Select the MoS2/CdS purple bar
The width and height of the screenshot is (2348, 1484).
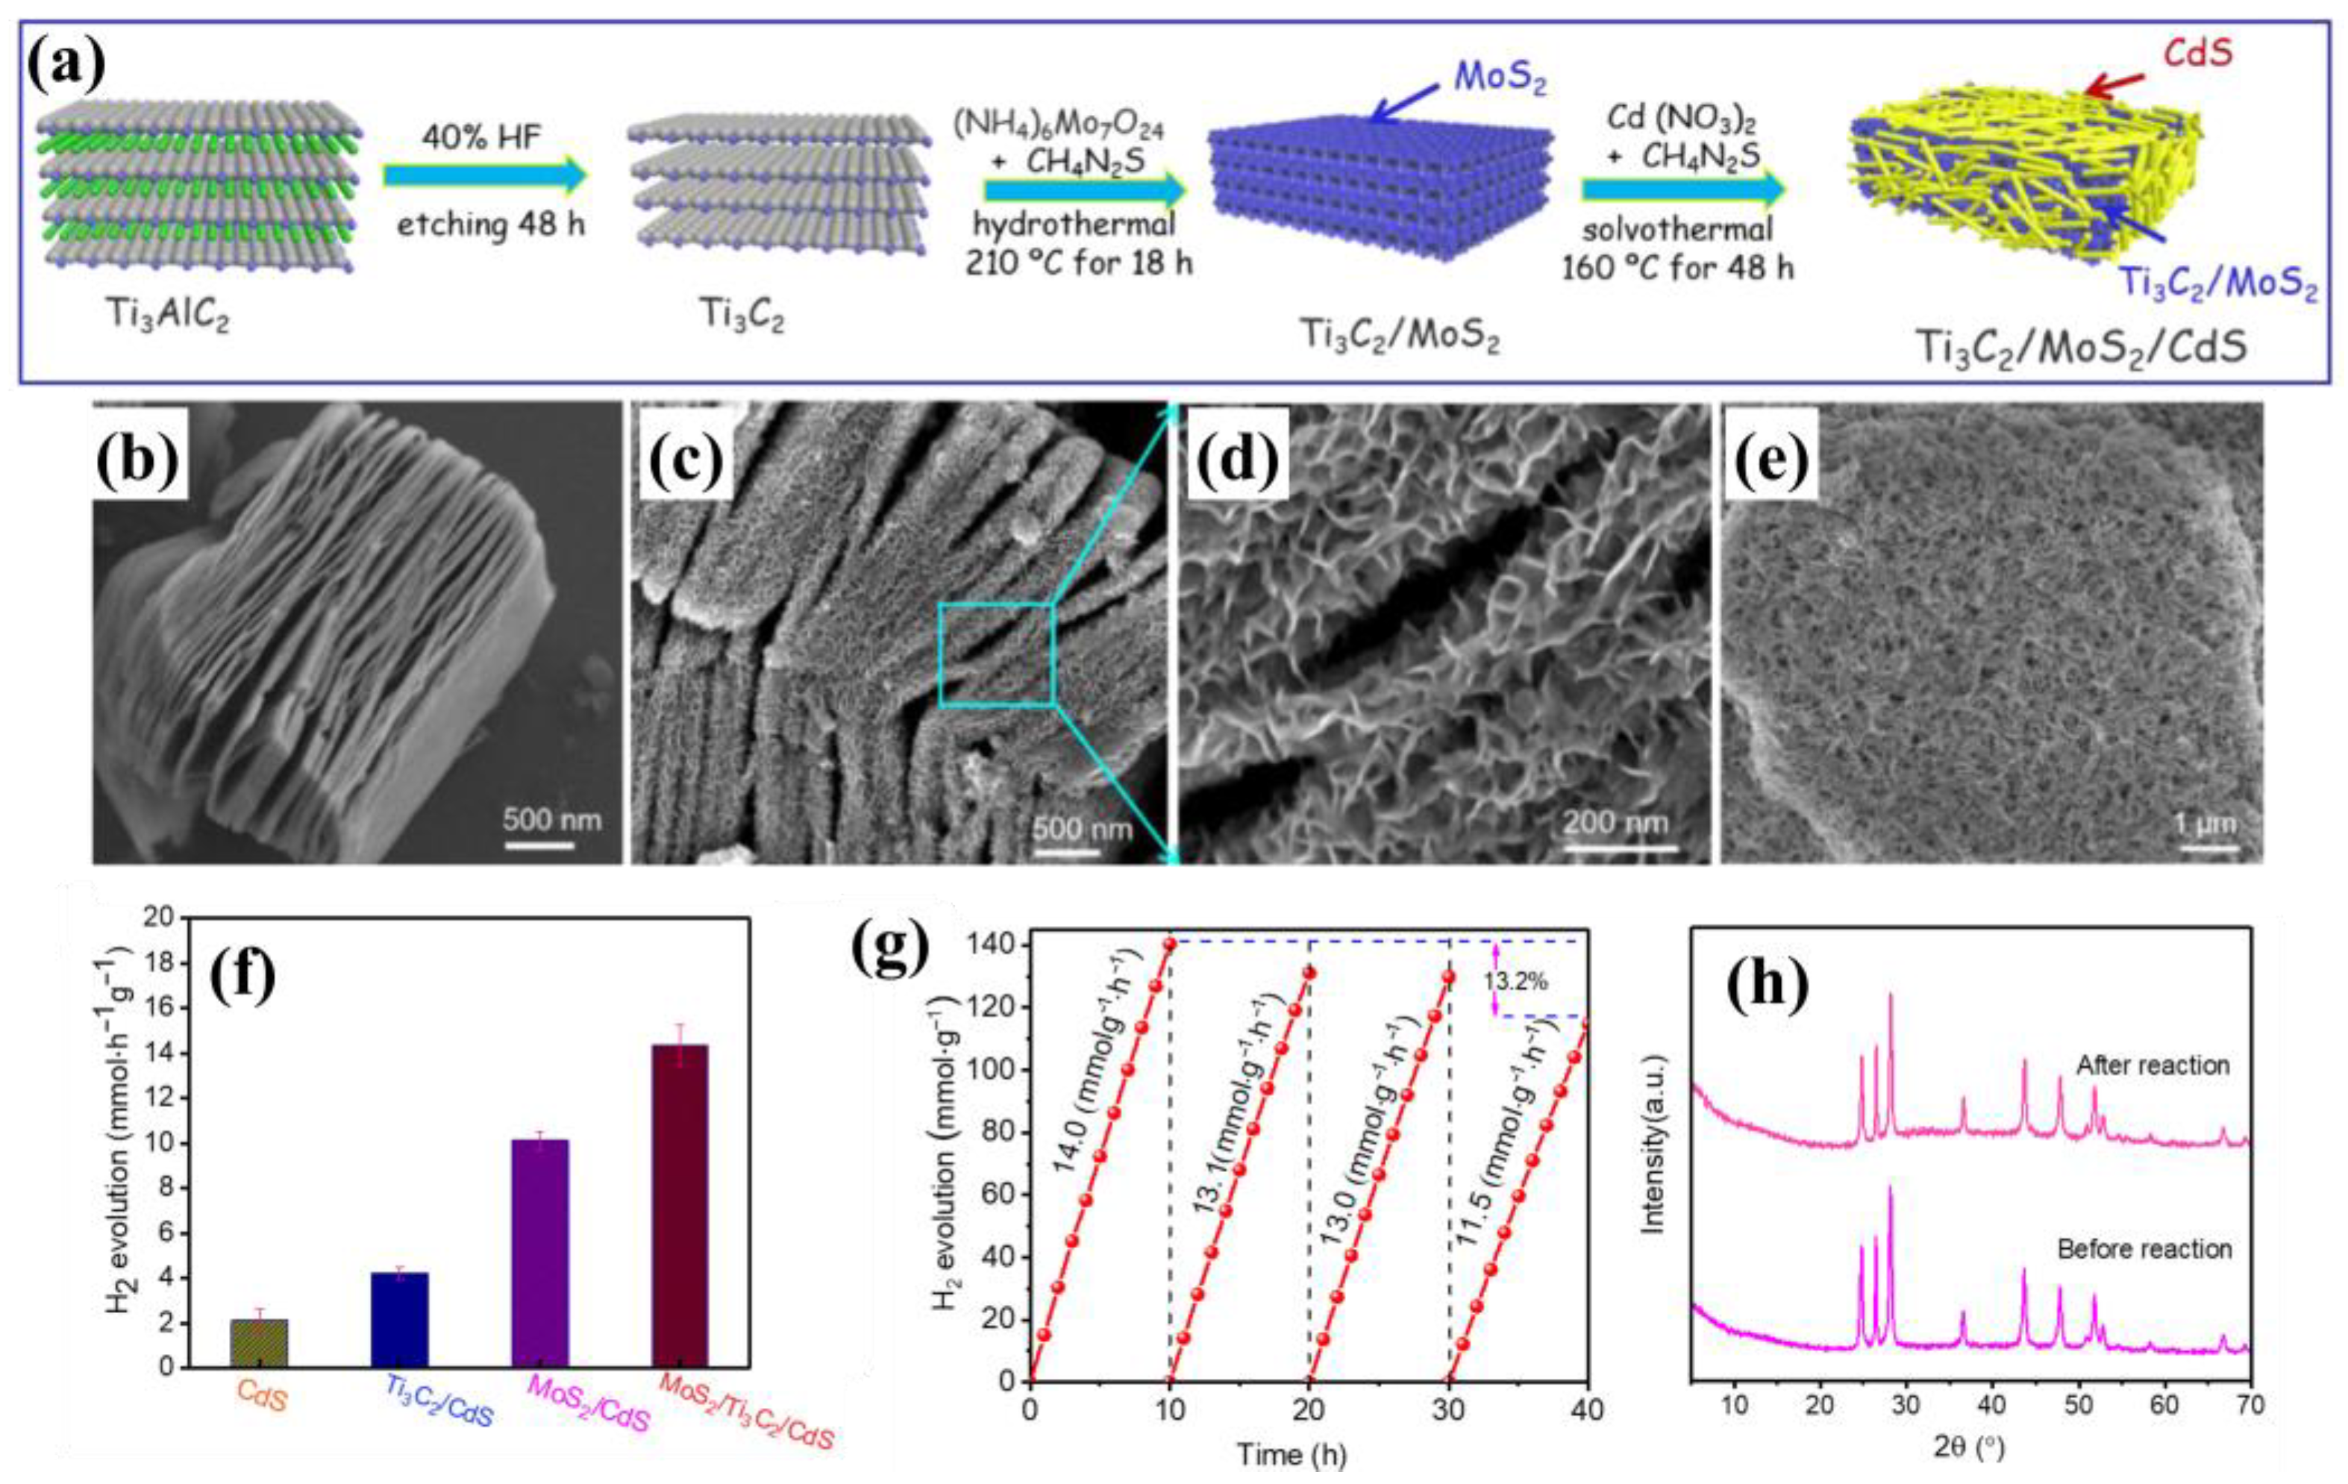coord(539,1253)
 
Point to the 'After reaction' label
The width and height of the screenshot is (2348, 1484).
coord(2152,1065)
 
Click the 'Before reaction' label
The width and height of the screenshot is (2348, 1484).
coord(2144,1249)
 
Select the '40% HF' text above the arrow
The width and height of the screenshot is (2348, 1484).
coord(482,137)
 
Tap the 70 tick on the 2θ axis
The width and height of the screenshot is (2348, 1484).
coord(2250,1405)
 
